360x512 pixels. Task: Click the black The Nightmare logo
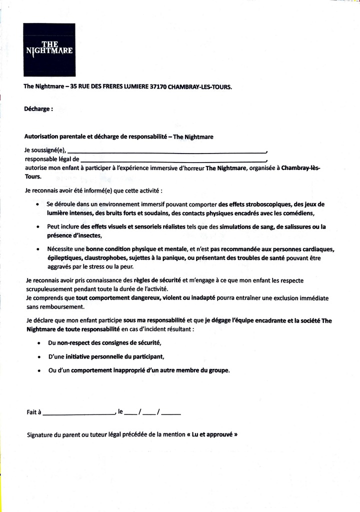[x=49, y=49]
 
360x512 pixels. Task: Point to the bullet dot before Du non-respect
[x=39, y=343]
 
